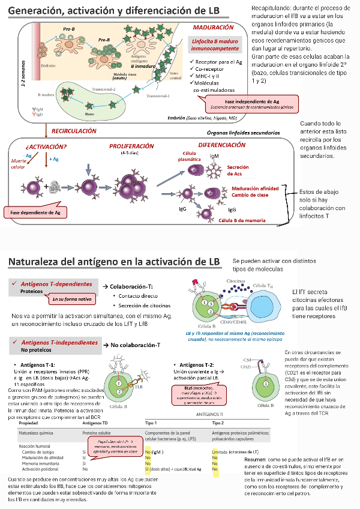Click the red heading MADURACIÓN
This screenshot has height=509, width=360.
(213, 28)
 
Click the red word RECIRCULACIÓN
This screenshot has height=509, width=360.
(74, 130)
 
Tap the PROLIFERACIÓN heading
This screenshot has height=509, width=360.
(131, 146)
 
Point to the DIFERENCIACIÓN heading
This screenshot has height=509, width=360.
(221, 145)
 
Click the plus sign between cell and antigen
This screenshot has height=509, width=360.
(47, 186)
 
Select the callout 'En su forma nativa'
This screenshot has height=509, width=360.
(71, 298)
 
